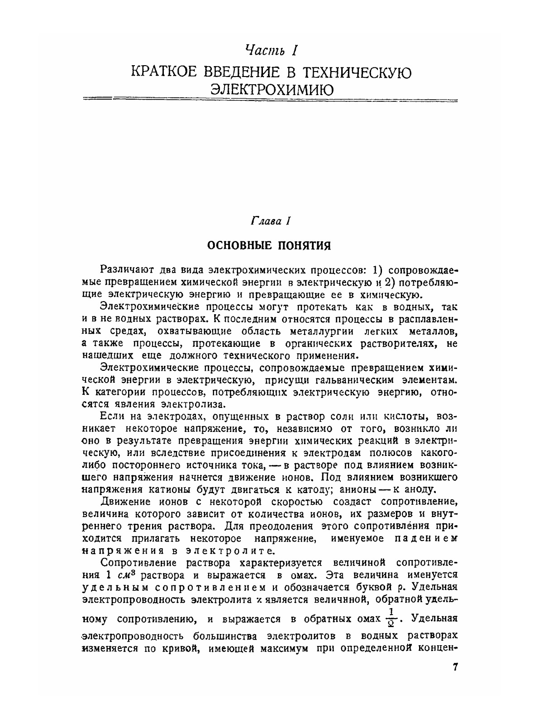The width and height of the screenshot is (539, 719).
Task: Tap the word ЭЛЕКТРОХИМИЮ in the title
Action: pos(273,90)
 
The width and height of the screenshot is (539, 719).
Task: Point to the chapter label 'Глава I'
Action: pos(270,221)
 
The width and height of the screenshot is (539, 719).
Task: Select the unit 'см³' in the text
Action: pos(124,575)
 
